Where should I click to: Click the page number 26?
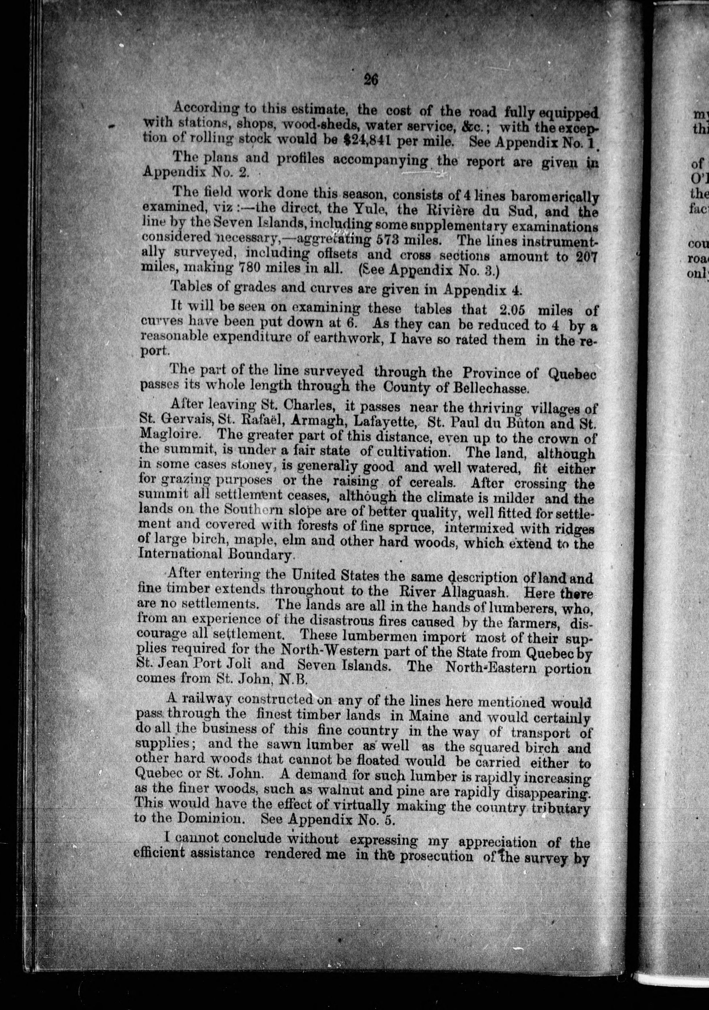click(x=371, y=80)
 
